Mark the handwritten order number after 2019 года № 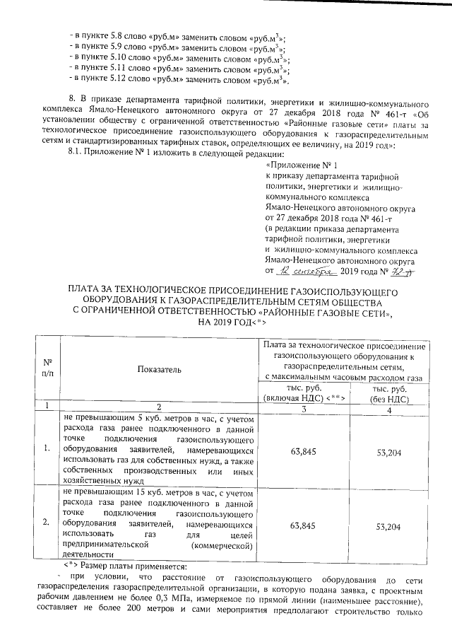382,271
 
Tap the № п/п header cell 47,368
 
